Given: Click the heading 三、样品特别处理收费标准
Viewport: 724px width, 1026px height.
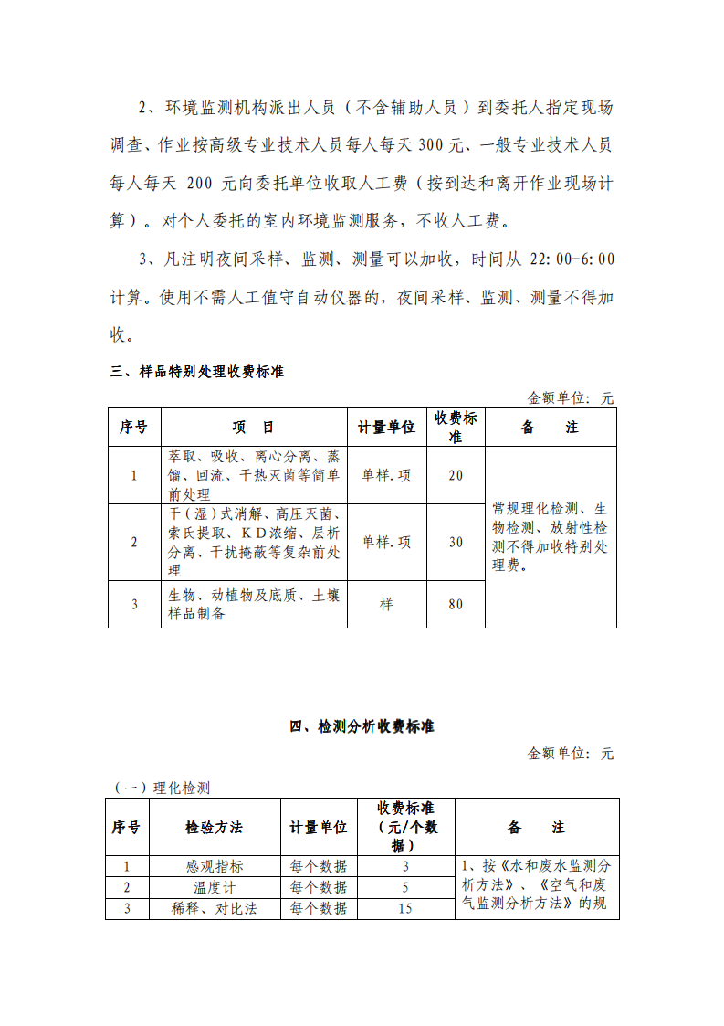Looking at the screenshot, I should (197, 372).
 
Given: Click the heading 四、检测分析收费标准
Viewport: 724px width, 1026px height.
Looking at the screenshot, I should (362, 727).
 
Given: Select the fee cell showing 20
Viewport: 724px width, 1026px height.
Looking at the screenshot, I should (456, 475).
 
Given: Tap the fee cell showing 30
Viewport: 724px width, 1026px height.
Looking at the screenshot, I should (456, 542).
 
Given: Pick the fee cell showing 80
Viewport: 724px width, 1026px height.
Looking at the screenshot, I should (456, 605).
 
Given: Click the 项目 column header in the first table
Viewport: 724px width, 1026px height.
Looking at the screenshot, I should (253, 428).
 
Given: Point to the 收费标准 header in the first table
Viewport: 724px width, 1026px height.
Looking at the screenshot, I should (456, 427).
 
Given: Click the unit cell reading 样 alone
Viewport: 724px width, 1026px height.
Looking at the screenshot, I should (385, 605).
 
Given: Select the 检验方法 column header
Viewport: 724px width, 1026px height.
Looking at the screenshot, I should (214, 827).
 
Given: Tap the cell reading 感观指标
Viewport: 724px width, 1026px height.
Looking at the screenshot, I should (215, 866).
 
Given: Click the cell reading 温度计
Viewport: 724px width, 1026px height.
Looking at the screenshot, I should (215, 887).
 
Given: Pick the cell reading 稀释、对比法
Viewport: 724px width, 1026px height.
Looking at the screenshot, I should (215, 908).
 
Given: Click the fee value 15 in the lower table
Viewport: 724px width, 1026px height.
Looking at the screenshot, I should (405, 908).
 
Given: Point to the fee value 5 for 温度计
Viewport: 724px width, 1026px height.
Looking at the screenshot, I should (405, 887).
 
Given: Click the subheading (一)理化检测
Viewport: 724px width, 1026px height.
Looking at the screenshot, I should (162, 788).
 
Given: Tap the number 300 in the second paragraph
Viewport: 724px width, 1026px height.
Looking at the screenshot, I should (432, 145).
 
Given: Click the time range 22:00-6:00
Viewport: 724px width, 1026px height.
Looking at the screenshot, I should (572, 259).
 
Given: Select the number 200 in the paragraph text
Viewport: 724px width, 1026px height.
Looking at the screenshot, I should (198, 184).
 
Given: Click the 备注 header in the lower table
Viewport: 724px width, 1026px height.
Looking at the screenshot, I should (537, 827).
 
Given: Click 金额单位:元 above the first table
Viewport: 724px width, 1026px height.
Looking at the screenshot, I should (571, 398).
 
